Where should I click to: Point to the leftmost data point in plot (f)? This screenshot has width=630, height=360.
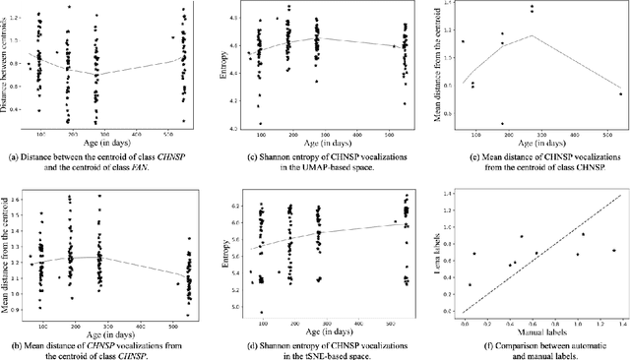pos(469,285)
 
